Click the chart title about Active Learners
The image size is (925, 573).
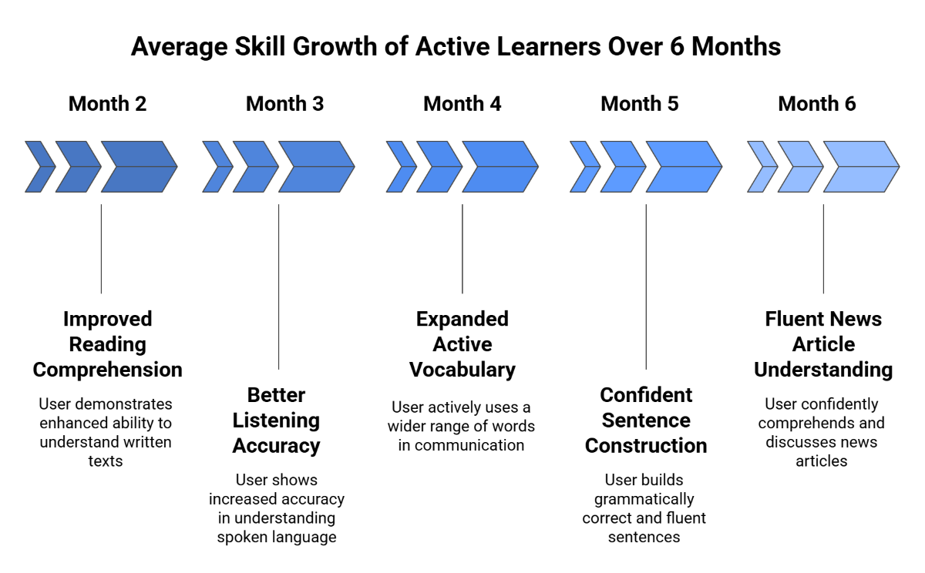456,46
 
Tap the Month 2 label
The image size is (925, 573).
107,104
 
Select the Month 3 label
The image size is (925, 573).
284,104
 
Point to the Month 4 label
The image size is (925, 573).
462,104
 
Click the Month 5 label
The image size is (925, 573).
639,104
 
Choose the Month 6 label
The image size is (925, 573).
816,104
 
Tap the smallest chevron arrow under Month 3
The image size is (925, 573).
217,166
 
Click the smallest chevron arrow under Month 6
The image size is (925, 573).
762,166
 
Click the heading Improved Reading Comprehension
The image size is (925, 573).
107,344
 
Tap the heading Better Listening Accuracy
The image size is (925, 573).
276,421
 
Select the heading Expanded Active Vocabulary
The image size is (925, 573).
462,344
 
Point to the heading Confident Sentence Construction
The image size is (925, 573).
645,421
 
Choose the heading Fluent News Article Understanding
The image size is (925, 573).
822,344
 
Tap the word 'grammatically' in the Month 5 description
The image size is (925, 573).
644,499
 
